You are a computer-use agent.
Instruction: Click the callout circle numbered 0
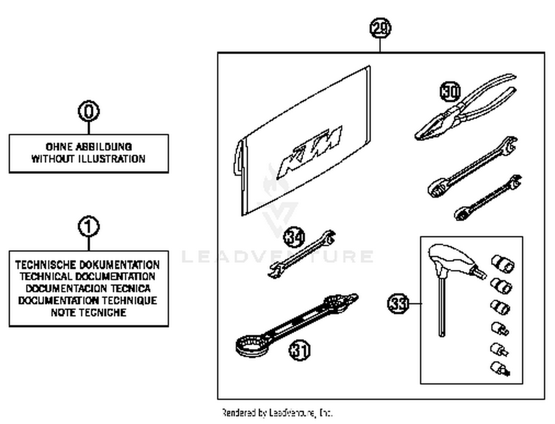point(89,111)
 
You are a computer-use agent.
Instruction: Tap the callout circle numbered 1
point(89,227)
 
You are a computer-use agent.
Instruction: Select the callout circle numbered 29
point(380,29)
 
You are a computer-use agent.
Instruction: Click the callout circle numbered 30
point(450,92)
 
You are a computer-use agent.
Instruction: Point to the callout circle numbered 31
point(299,350)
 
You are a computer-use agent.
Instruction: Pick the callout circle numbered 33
point(398,304)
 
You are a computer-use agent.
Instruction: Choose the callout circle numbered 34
point(294,237)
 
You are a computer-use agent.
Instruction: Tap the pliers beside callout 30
point(466,109)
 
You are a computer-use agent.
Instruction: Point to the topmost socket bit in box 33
point(502,264)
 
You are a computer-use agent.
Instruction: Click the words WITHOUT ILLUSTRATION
point(88,159)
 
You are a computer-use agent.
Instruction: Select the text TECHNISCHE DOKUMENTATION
point(88,265)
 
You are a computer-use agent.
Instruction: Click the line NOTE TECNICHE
point(88,312)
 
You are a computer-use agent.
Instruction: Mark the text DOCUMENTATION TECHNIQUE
point(88,301)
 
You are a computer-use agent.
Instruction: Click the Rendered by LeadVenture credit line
point(277,412)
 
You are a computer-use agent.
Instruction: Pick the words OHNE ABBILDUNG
point(88,147)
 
